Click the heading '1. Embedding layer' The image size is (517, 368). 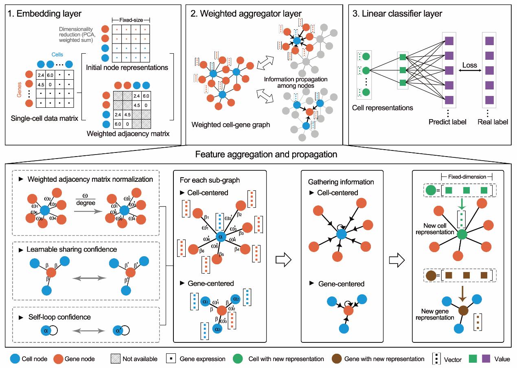(45, 14)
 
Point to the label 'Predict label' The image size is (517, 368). (447, 122)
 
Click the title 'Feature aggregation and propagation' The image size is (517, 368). (258, 155)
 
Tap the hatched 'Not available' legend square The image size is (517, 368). (115, 359)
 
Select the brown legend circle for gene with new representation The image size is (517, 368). (337, 359)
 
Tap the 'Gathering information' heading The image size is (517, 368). (336, 182)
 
